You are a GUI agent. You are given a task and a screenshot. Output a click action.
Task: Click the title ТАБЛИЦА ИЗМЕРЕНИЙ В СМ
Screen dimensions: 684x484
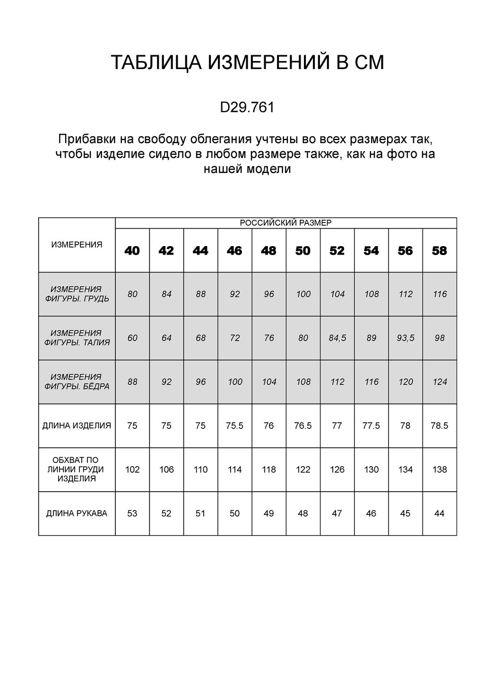pos(247,63)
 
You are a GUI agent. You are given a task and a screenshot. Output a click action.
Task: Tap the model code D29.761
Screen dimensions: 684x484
pos(247,108)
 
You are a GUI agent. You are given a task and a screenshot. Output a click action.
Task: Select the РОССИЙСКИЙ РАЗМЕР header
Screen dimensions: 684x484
pos(285,223)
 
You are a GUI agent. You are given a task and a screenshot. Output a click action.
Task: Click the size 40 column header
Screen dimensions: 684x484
pos(132,251)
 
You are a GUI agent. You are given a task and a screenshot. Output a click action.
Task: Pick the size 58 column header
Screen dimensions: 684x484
pos(440,251)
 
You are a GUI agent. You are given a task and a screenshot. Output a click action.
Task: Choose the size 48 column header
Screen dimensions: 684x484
pos(268,251)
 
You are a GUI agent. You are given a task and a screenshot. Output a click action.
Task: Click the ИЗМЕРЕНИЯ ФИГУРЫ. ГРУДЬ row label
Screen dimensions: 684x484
pos(77,294)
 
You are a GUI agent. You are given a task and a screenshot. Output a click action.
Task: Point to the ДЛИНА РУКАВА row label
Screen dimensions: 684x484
pos(77,513)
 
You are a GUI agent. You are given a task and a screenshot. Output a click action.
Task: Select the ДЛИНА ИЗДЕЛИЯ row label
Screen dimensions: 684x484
pos(77,426)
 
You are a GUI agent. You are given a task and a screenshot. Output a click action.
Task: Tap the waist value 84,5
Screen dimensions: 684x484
pos(337,338)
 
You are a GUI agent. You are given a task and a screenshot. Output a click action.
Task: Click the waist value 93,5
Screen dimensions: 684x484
pos(406,338)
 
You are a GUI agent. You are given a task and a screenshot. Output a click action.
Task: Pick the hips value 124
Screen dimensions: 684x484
pos(440,382)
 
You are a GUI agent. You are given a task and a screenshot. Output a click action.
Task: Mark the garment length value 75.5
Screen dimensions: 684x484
pos(234,426)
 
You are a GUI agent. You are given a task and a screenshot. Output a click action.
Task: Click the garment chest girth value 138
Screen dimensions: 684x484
pos(440,470)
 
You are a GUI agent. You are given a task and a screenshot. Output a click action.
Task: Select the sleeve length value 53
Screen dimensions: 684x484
pos(132,513)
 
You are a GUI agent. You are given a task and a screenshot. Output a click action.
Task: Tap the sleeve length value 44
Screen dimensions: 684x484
pos(440,513)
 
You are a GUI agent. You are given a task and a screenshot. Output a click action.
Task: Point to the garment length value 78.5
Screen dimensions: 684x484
pos(440,426)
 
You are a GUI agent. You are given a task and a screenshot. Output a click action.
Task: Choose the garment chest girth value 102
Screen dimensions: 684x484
pos(132,470)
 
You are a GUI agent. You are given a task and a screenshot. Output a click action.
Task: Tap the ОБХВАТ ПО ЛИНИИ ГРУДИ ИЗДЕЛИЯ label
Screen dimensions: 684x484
pos(77,470)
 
